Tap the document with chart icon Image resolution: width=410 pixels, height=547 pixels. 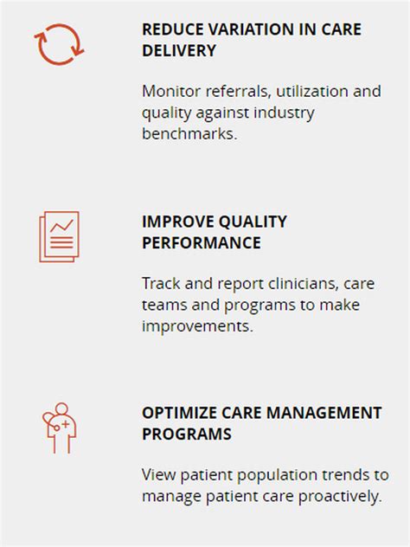click(59, 235)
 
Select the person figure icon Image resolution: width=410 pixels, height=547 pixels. click(60, 428)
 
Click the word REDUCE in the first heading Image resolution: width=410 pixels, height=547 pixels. click(170, 29)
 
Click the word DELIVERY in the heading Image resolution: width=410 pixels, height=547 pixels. click(179, 51)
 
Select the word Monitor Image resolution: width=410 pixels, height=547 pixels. click(171, 91)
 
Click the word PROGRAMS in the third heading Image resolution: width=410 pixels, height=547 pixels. click(186, 434)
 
